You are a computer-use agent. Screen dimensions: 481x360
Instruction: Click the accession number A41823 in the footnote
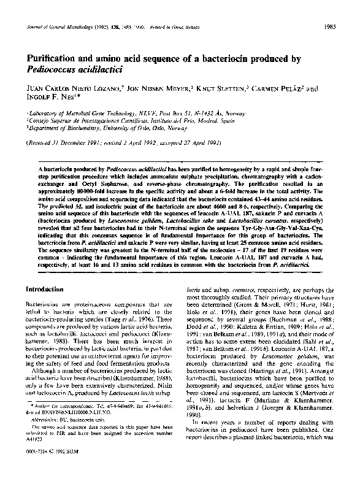[x=39, y=457]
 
